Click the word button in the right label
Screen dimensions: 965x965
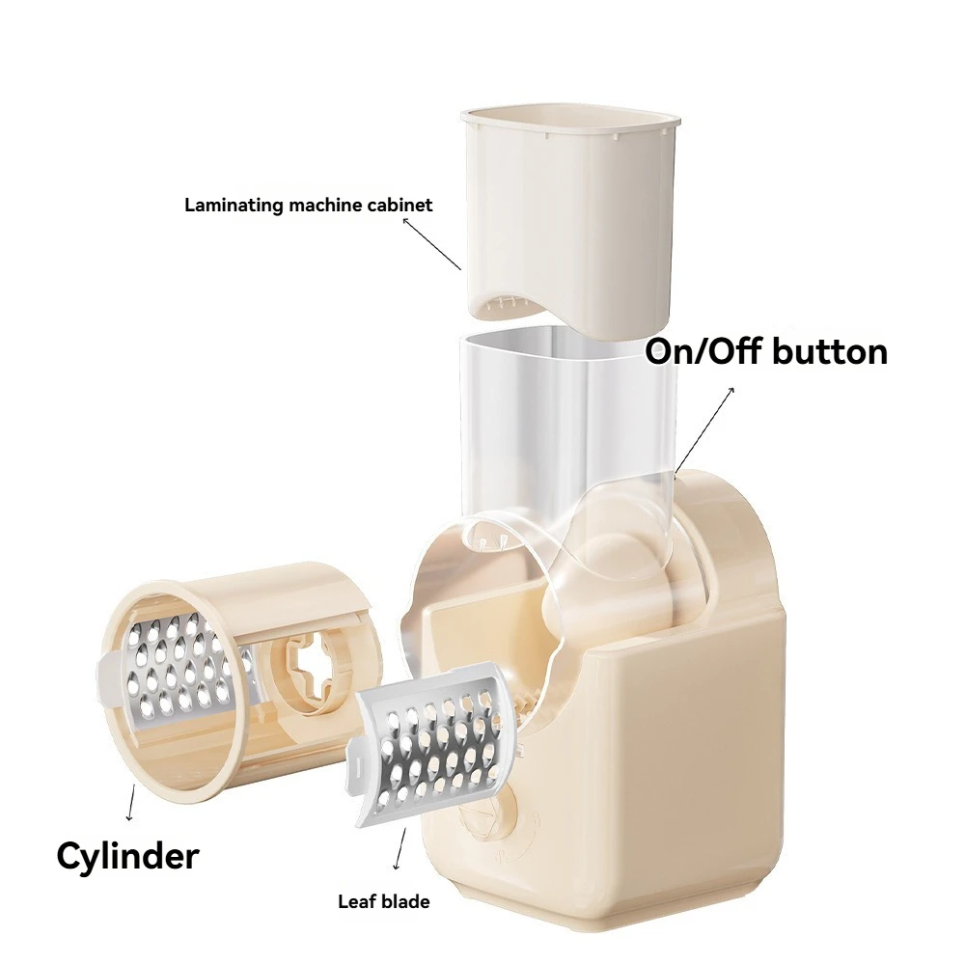829,352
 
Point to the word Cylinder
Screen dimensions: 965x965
127,855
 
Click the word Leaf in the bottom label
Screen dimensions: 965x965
355,902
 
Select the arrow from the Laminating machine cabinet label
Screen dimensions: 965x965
431,243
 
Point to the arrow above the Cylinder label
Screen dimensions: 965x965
131,803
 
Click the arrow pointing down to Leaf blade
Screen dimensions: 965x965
399,849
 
